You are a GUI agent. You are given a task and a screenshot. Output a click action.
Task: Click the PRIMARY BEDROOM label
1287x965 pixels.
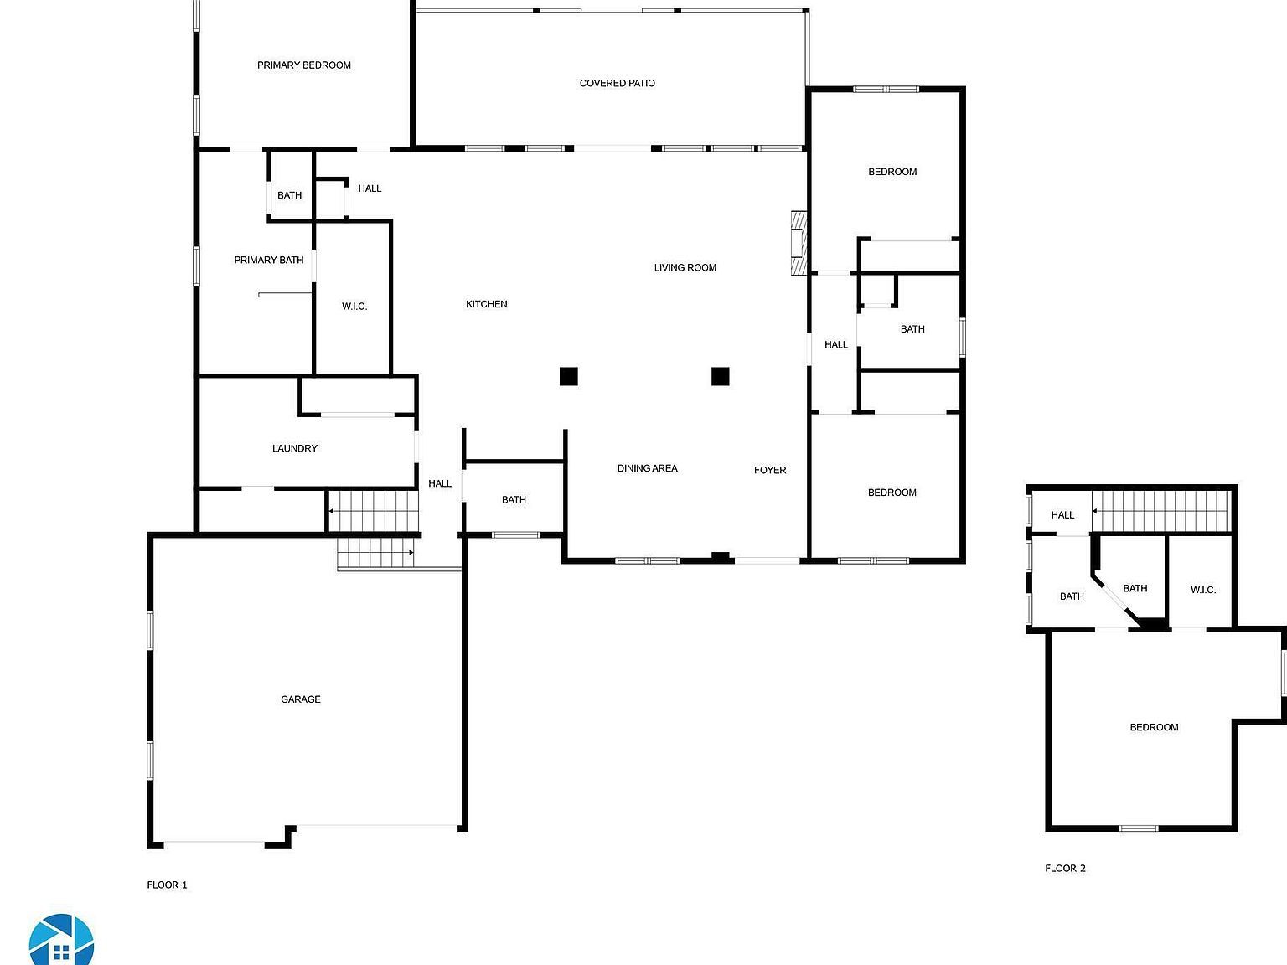[303, 65]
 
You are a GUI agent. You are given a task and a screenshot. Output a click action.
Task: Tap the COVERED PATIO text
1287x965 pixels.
[617, 83]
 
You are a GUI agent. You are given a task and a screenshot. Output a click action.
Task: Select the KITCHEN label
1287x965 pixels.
[486, 304]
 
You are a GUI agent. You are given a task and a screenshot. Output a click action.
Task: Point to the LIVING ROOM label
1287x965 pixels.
[685, 268]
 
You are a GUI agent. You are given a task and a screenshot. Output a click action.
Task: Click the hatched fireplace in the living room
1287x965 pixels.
[799, 242]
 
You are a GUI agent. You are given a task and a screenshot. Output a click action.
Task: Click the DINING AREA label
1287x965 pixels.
[647, 468]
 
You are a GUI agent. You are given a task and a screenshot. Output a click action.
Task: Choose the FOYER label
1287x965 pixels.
[769, 470]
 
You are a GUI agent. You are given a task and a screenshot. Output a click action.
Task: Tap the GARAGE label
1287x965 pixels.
[300, 699]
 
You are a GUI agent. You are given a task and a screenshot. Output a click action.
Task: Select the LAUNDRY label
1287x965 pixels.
[294, 449]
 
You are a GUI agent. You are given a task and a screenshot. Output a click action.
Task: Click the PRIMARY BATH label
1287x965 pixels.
[268, 261]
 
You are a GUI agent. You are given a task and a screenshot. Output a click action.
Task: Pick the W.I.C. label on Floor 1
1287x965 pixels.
[354, 307]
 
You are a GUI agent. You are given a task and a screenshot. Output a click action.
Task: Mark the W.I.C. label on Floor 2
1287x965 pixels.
[1202, 590]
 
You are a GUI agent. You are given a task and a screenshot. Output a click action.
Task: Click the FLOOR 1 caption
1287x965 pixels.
[167, 885]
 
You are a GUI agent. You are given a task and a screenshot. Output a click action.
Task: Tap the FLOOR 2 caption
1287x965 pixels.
[1064, 869]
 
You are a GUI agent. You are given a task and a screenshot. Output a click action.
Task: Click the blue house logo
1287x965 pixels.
[61, 941]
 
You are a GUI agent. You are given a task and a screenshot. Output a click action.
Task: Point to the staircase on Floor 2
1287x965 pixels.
[1160, 511]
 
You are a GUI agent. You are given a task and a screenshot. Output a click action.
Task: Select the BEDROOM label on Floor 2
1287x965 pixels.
[1154, 727]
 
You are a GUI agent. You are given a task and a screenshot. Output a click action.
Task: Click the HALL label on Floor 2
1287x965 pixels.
[1062, 515]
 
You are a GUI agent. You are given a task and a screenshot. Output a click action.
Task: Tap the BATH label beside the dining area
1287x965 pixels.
[514, 500]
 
